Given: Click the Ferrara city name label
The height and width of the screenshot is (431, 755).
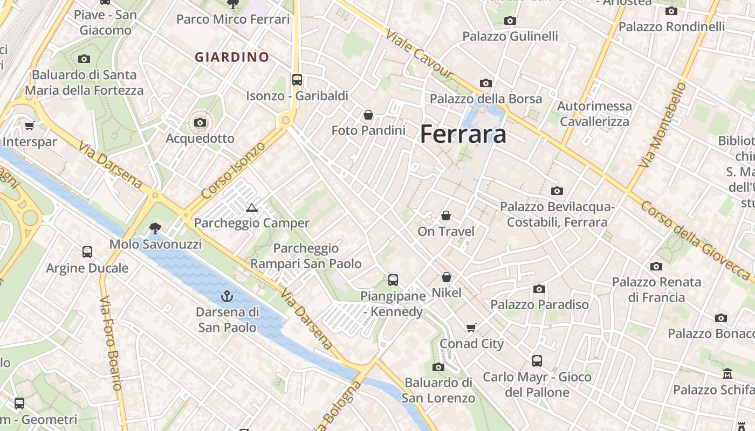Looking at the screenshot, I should (463, 134).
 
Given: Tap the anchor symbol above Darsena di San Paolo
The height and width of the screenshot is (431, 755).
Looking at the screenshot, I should (227, 296).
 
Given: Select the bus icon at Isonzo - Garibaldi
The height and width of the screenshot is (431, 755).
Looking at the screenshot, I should (297, 80).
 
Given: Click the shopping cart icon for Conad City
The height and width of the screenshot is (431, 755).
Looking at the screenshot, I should (471, 328).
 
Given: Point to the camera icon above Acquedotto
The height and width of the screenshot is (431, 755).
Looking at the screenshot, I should (200, 123).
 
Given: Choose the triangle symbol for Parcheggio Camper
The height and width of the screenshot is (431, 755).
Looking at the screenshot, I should (251, 208).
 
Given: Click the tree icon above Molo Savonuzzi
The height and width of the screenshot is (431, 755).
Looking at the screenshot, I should (155, 228).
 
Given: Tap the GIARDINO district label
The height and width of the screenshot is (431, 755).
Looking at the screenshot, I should (232, 57).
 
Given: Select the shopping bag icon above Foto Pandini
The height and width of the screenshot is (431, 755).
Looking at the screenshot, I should (368, 115).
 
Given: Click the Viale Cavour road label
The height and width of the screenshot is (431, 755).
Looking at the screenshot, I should (419, 54).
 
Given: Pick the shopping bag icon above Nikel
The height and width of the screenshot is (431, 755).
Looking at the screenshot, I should (447, 277).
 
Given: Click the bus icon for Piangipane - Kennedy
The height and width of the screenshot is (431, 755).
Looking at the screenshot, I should (393, 280).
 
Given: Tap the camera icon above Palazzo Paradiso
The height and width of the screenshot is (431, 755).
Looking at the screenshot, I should (539, 289).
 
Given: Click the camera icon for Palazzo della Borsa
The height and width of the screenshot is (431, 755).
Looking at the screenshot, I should (486, 84).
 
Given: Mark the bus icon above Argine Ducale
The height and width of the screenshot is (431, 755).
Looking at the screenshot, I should (87, 252).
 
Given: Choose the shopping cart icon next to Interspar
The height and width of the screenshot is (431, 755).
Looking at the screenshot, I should (29, 126).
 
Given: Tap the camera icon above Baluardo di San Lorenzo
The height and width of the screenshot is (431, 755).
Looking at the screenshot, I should (438, 367).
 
